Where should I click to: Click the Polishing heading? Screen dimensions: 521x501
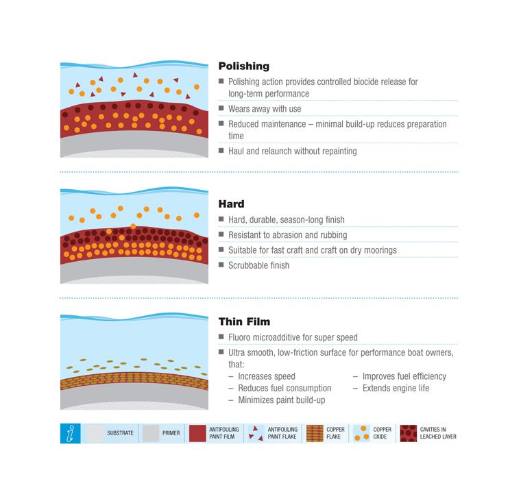[x=243, y=66]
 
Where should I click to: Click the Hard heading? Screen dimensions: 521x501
[x=231, y=204]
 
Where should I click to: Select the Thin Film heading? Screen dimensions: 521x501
[x=244, y=321]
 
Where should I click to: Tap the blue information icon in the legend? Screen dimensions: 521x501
[x=70, y=433]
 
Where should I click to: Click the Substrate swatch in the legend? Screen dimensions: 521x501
[x=95, y=433]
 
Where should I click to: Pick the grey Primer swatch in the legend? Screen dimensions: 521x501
[x=151, y=433]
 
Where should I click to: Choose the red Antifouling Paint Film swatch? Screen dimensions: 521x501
[x=197, y=433]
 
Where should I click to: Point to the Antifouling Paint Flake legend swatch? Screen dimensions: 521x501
[x=256, y=433]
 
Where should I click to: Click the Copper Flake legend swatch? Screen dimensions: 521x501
[x=315, y=433]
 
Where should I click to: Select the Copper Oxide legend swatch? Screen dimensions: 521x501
[x=361, y=433]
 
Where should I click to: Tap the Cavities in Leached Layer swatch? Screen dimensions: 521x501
[x=409, y=433]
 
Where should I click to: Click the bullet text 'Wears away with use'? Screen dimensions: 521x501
[x=265, y=109]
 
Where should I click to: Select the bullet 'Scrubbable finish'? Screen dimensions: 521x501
[x=258, y=265]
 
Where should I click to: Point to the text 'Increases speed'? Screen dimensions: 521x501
[x=267, y=376]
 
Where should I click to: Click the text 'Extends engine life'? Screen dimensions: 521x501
[x=396, y=388]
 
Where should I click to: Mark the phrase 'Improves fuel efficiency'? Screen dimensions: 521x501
[x=404, y=376]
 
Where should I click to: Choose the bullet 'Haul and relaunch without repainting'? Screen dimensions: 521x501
[x=293, y=151]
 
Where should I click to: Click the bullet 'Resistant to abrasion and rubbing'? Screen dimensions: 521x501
[x=287, y=235]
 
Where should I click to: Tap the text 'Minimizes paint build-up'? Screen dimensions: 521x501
[x=282, y=400]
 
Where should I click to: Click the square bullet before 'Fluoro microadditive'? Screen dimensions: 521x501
[x=221, y=337]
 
